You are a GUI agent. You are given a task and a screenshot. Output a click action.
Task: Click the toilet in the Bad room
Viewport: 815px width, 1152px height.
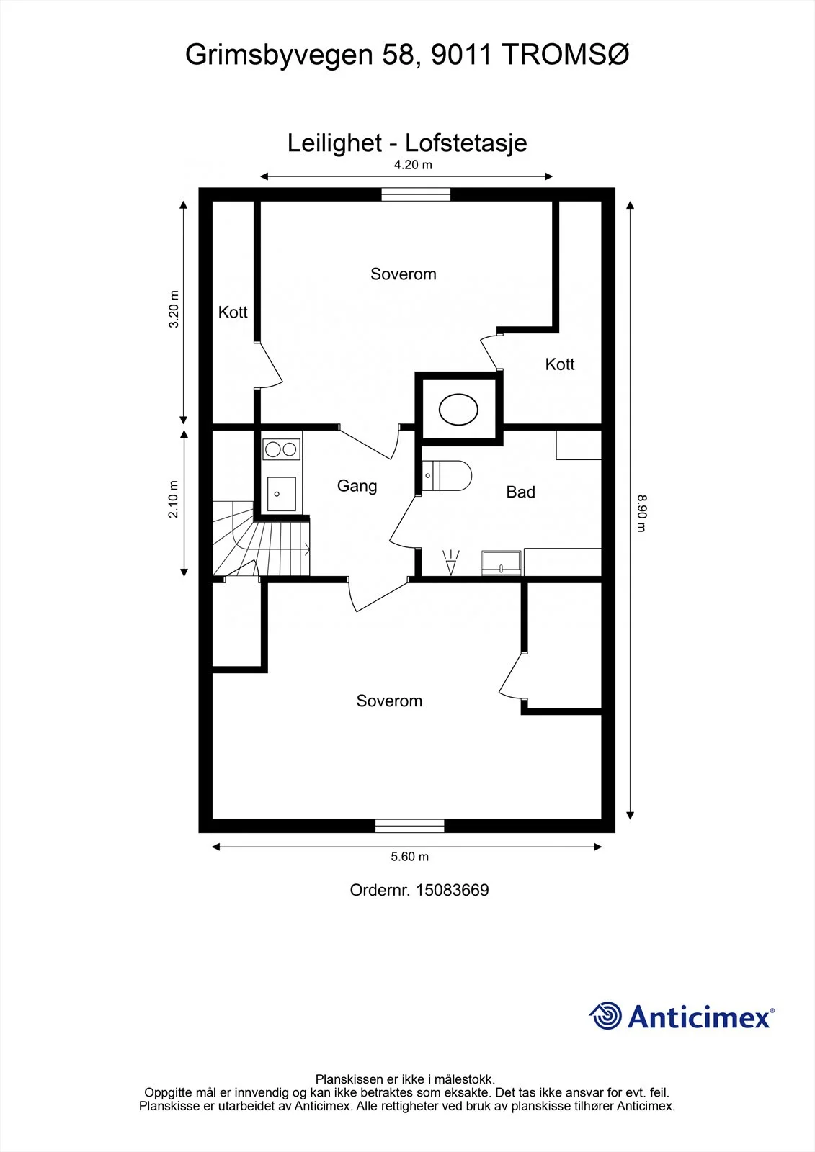coord(446,476)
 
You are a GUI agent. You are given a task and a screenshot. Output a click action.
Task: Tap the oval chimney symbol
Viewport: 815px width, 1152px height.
coord(458,410)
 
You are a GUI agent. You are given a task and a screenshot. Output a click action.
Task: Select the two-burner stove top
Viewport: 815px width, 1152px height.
coord(281,449)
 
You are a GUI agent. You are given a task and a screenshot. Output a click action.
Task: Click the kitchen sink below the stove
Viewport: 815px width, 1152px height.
coord(281,494)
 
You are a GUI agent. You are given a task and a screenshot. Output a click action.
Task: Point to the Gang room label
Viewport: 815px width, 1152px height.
coord(357,487)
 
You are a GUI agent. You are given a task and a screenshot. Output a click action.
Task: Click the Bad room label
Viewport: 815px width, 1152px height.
coord(520,492)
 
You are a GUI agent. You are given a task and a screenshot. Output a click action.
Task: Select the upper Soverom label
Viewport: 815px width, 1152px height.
coord(403,274)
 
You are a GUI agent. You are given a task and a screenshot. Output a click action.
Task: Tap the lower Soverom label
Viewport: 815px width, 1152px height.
coord(389,701)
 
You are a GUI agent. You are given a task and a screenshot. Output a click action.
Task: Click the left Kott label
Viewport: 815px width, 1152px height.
coord(233,312)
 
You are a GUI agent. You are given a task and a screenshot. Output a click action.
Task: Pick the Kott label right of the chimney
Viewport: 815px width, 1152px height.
coord(560,364)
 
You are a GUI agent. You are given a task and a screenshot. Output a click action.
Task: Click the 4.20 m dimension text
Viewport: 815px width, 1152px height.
coord(413,165)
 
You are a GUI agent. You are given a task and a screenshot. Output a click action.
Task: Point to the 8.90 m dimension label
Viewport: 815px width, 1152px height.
coord(641,513)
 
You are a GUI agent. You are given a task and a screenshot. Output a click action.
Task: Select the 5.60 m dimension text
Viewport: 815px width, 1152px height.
coord(409,857)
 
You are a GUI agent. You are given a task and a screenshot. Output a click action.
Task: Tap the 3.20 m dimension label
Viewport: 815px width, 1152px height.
coord(174,309)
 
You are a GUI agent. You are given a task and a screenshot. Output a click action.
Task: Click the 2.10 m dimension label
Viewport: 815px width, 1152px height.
coord(173,500)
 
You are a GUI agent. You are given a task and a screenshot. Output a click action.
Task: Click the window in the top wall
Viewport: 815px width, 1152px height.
coord(416,194)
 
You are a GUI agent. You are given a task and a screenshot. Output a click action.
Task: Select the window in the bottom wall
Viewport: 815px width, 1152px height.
coord(410,826)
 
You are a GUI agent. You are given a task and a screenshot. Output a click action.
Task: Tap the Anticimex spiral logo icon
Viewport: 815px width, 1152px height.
coord(605,1016)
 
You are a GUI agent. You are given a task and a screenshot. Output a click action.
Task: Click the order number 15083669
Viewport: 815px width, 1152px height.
coord(452,890)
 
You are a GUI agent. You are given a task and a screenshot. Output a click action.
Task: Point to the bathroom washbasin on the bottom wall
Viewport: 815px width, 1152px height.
coord(502,562)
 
